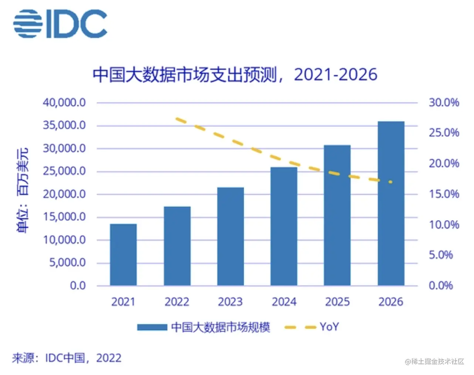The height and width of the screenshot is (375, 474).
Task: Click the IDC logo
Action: [x=60, y=24]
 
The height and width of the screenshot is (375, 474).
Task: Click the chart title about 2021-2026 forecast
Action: [x=235, y=75]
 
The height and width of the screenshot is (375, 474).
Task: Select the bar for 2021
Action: [x=123, y=255]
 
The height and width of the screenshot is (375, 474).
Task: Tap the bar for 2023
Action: [x=230, y=236]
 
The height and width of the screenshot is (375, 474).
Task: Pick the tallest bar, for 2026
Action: [x=391, y=203]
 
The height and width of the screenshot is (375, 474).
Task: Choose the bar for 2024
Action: [x=284, y=226]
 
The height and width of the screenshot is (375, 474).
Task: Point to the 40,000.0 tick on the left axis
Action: [x=64, y=102]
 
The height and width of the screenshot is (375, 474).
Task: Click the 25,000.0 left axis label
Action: [x=64, y=171]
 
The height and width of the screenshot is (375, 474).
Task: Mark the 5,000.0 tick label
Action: [x=67, y=262]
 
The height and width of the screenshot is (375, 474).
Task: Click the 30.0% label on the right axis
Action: [x=444, y=102]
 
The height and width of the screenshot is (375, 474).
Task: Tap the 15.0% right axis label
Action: [x=444, y=194]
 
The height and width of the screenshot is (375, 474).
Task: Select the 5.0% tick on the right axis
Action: [x=441, y=255]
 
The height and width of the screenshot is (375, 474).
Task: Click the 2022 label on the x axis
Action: [x=177, y=302]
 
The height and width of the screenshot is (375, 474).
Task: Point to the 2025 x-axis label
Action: [x=337, y=302]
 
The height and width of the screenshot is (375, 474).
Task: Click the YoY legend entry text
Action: [x=329, y=327]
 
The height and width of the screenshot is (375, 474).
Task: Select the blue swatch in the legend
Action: [x=152, y=327]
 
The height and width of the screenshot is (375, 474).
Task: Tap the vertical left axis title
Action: [x=22, y=190]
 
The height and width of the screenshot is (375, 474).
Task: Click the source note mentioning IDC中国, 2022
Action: [x=67, y=358]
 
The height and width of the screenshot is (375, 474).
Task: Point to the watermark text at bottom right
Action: [x=434, y=362]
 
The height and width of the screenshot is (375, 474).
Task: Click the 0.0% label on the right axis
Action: [x=441, y=285]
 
